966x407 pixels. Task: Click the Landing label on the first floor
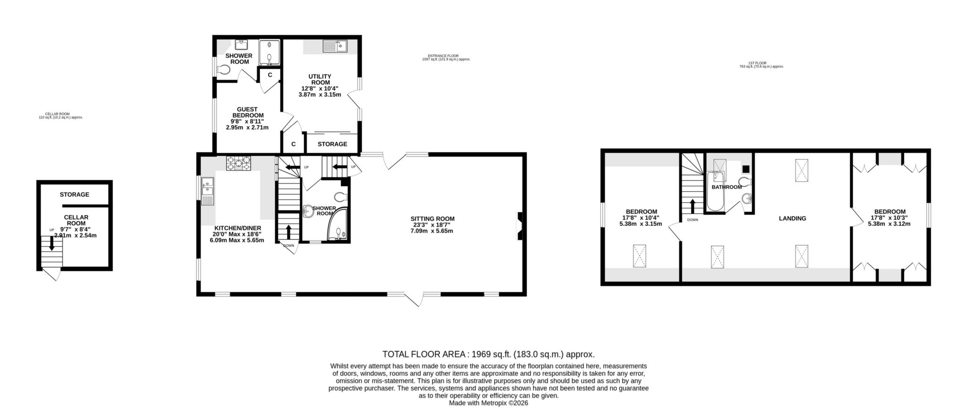point(792,218)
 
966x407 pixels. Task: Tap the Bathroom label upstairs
point(726,187)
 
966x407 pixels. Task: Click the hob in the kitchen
point(239,163)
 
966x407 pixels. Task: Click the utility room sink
point(335,46)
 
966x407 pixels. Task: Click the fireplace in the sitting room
point(520,226)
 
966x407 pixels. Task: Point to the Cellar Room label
point(76,220)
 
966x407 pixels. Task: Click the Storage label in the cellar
point(75,194)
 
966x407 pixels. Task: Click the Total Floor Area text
point(488,354)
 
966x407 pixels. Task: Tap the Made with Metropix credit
point(488,403)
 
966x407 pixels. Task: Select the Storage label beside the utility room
point(332,144)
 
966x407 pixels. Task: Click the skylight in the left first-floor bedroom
point(639,256)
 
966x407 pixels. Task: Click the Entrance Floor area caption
point(446,58)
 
